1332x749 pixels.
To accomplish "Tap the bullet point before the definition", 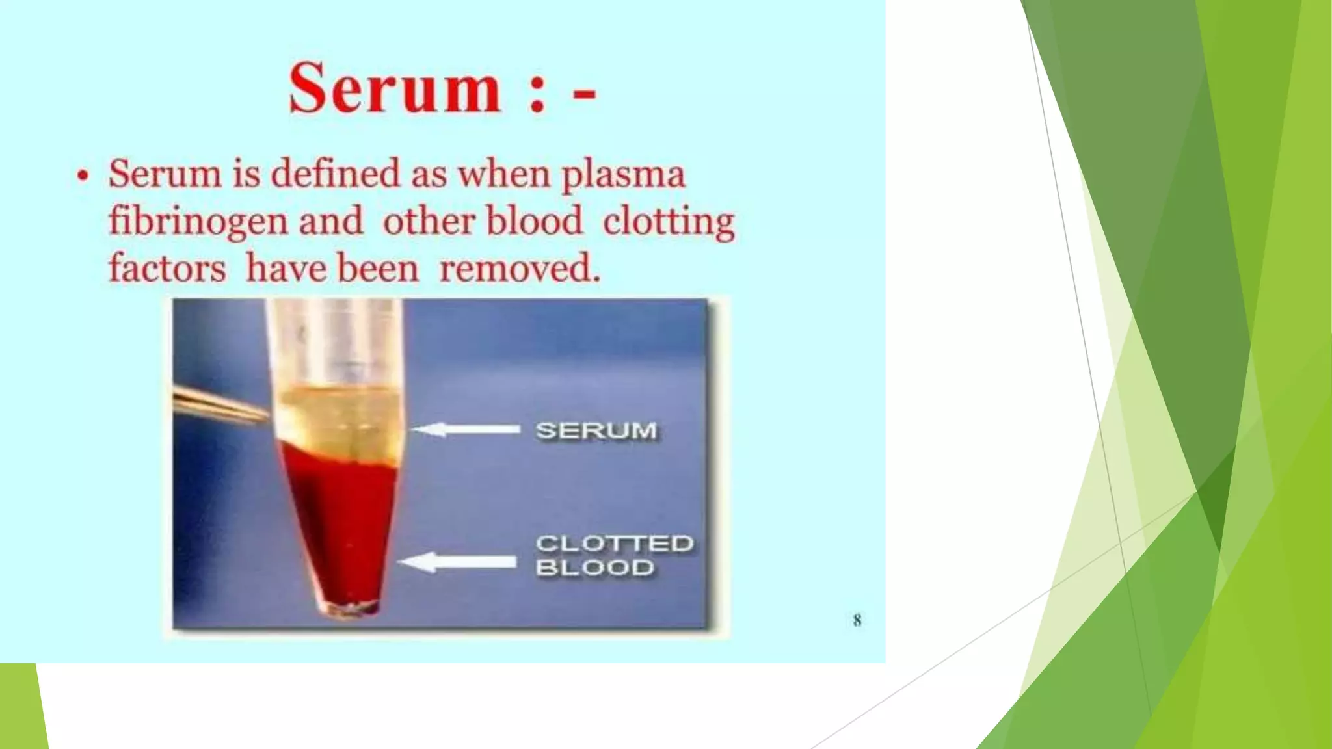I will pyautogui.click(x=82, y=176).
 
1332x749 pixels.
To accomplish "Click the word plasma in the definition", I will pyautogui.click(x=623, y=176).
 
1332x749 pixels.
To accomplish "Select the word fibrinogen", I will pyautogui.click(x=198, y=222).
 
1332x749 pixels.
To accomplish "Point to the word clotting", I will pyautogui.click(x=668, y=222).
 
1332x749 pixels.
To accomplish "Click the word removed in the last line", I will pyautogui.click(x=518, y=269).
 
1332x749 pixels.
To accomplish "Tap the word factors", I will pyautogui.click(x=166, y=269).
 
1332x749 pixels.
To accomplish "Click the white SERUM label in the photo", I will pyautogui.click(x=596, y=430).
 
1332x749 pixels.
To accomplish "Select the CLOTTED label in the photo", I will pyautogui.click(x=614, y=543).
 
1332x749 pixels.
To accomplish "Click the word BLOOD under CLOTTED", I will pyautogui.click(x=594, y=568).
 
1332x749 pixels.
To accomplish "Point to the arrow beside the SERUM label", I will pyautogui.click(x=466, y=430).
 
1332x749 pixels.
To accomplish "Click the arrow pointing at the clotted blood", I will pyautogui.click(x=458, y=562).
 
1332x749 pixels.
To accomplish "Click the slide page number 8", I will pyautogui.click(x=857, y=620).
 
